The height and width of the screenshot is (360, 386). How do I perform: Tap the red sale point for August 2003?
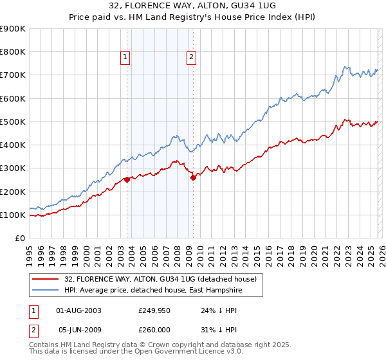127,180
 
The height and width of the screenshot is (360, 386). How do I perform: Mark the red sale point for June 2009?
193,178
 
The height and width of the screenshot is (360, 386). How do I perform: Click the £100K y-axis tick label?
13,215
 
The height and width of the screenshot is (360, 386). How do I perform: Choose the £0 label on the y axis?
19,238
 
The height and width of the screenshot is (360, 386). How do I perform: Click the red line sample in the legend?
46,279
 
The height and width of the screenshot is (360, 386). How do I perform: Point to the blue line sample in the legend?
46,291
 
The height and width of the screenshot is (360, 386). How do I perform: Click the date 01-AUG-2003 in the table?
79,310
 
